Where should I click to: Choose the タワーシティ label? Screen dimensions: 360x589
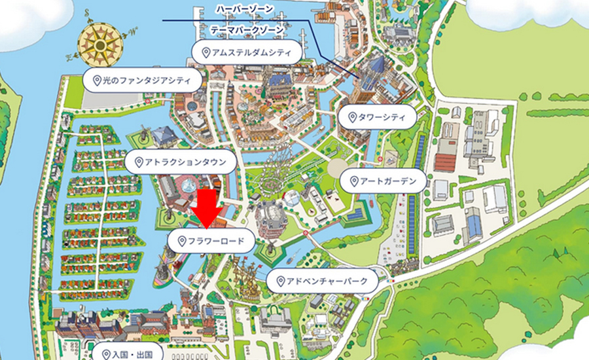[377, 118]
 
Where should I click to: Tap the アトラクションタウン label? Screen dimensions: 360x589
[180, 162]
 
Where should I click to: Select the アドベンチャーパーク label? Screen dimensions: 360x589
[323, 281]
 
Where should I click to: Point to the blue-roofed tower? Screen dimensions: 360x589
[378, 69]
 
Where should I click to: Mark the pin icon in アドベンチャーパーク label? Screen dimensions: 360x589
[279, 281]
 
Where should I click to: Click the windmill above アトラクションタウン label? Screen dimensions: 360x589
[139, 137]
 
